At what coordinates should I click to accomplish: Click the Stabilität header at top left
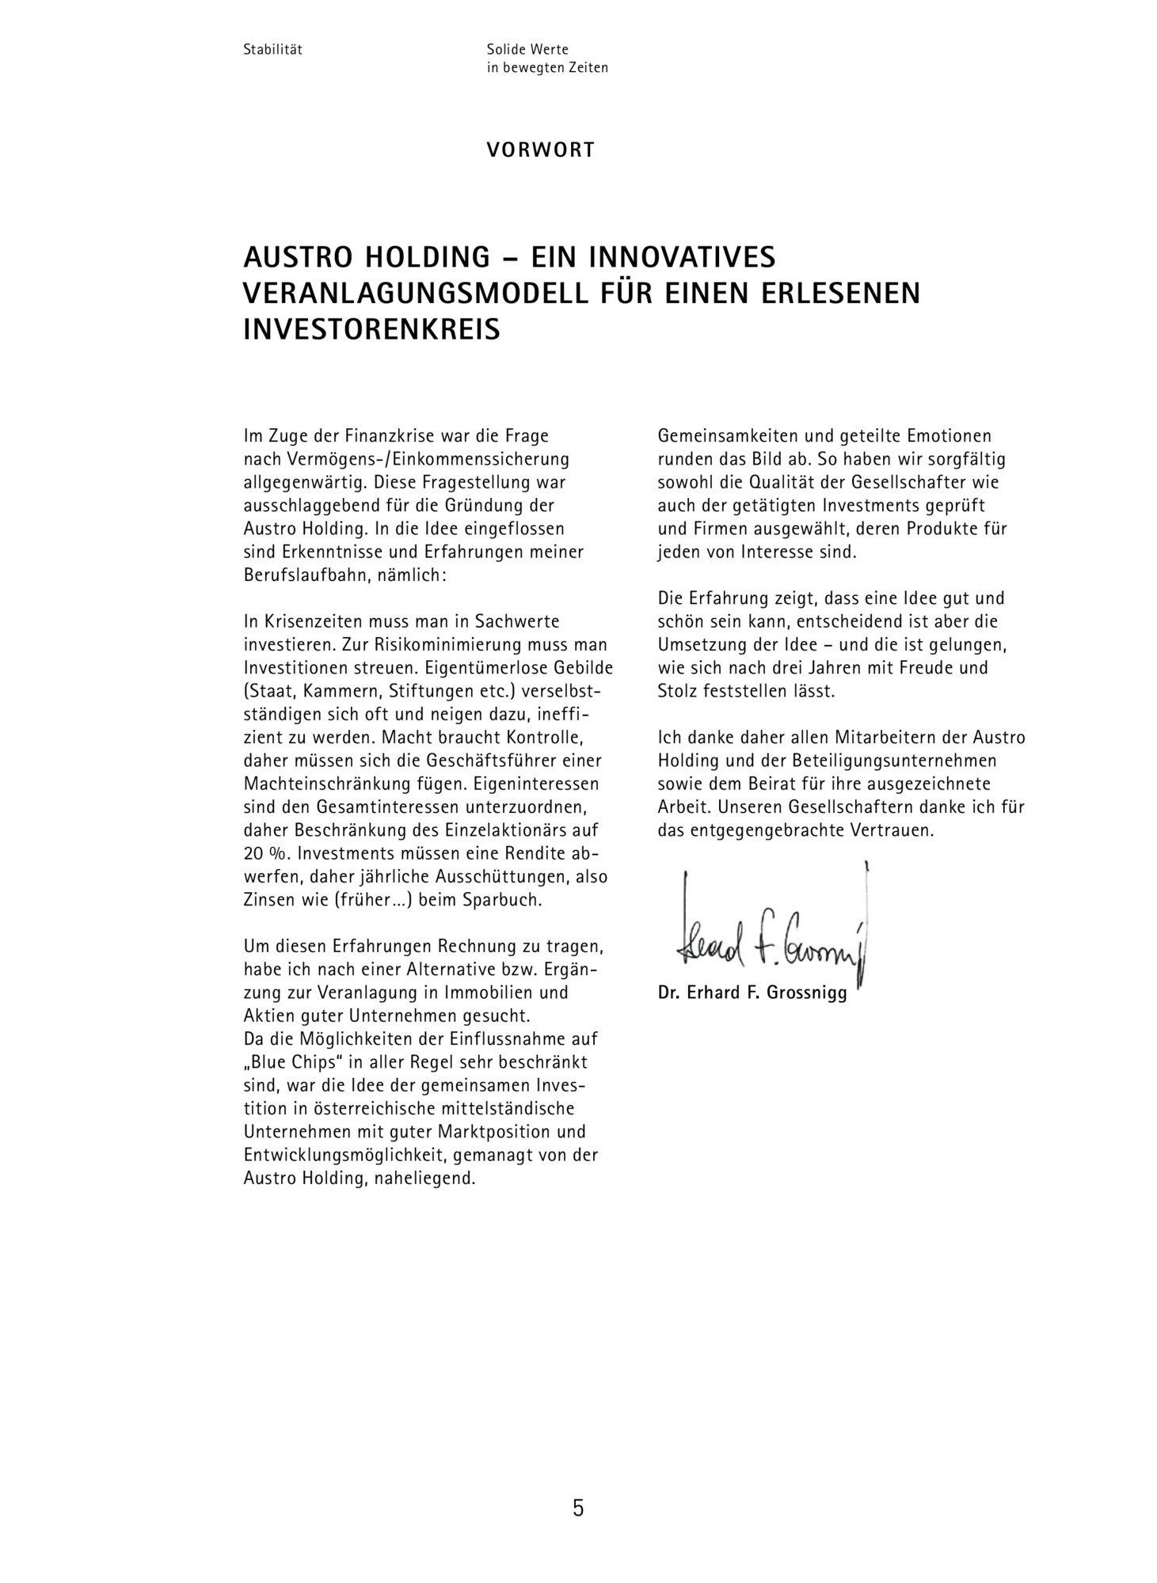click(273, 49)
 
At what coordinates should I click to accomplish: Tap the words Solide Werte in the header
click(527, 49)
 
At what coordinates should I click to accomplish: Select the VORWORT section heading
click(540, 150)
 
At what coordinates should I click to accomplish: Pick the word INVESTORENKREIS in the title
click(371, 328)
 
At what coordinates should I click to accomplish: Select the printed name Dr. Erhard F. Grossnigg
click(752, 993)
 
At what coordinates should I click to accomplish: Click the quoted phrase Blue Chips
click(290, 1063)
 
